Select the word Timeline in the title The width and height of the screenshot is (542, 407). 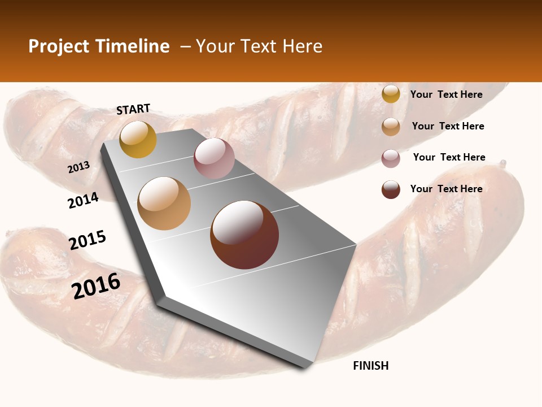tap(133, 46)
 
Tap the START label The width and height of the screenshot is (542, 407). tap(133, 109)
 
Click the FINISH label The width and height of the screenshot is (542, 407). tap(371, 366)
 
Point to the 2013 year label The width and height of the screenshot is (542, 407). tap(79, 167)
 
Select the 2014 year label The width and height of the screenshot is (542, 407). tap(83, 200)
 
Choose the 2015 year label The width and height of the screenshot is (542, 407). tap(88, 240)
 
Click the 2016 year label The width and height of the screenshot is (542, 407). tap(96, 286)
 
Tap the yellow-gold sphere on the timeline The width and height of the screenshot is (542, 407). tap(138, 139)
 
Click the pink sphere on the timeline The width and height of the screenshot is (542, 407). tap(214, 158)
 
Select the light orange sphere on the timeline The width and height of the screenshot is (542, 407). tap(164, 203)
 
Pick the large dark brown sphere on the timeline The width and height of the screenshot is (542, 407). tap(244, 235)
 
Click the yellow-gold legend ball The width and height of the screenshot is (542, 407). tap(391, 94)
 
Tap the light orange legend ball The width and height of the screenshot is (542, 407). tap(391, 126)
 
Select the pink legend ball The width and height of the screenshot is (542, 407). tap(391, 158)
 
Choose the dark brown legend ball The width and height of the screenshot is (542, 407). tap(391, 189)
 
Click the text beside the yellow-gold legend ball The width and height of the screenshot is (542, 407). tap(446, 94)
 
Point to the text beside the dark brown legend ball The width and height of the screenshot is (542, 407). tap(446, 189)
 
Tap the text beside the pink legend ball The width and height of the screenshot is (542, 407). tap(449, 157)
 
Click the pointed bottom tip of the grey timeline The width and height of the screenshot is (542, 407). tap(305, 366)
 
